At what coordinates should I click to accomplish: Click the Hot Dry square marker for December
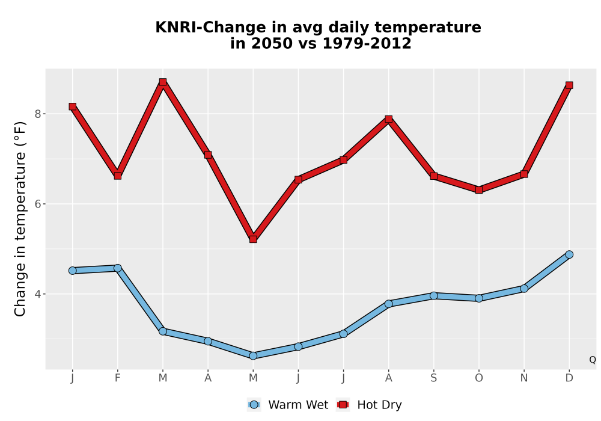pos(569,85)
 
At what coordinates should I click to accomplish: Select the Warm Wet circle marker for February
pos(118,268)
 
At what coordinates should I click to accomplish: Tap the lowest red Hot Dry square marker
pos(253,239)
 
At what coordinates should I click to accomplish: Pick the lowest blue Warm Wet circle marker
pos(253,356)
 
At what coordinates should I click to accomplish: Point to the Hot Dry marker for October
pos(479,190)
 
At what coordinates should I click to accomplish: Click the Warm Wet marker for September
pos(433,296)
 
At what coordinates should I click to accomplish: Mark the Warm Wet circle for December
pos(569,254)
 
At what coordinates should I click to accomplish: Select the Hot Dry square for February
pos(118,176)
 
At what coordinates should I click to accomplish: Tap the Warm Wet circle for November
pos(524,288)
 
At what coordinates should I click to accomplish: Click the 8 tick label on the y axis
pos(37,114)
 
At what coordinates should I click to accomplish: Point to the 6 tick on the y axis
pos(37,204)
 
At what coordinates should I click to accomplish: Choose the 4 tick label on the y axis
pos(37,294)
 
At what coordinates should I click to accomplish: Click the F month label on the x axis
pos(118,378)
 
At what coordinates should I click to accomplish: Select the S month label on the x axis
pos(433,378)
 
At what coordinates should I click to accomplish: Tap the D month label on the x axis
pos(569,378)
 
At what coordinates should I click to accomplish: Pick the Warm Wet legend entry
pos(288,405)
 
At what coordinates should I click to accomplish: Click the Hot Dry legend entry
pos(369,405)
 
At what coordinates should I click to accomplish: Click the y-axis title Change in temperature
pos(20,219)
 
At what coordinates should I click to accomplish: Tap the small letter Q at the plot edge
pos(593,360)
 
